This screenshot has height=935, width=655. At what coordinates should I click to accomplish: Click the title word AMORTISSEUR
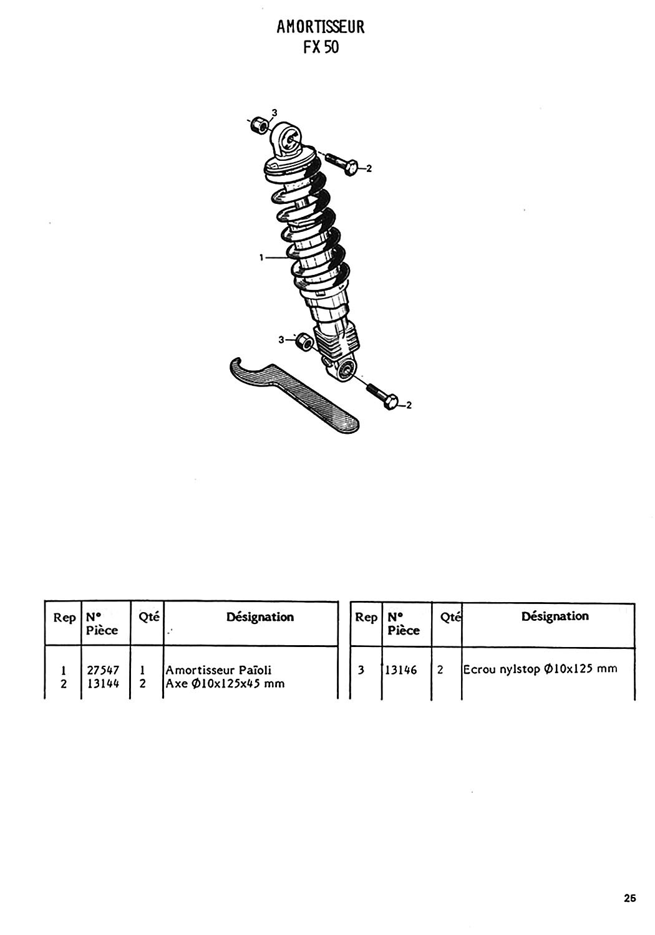pyautogui.click(x=321, y=27)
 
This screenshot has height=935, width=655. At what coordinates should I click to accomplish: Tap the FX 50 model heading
pyautogui.click(x=321, y=47)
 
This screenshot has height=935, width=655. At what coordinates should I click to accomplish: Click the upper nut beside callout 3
pyautogui.click(x=259, y=125)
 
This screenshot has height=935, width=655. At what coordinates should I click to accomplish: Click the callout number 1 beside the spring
pyautogui.click(x=261, y=257)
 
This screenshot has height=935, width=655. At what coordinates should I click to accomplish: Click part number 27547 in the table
pyautogui.click(x=103, y=670)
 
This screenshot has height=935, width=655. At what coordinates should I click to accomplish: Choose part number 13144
pyautogui.click(x=103, y=683)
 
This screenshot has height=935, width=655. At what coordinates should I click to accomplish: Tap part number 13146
pyautogui.click(x=401, y=670)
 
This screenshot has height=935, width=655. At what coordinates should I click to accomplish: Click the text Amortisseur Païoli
pyautogui.click(x=218, y=670)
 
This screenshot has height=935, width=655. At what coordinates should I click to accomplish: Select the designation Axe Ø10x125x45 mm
pyautogui.click(x=225, y=683)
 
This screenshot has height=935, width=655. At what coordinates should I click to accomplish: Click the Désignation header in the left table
pyautogui.click(x=260, y=616)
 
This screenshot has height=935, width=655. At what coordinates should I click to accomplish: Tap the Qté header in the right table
pyautogui.click(x=451, y=617)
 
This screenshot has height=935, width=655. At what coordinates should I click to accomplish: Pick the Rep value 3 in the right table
pyautogui.click(x=361, y=670)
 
